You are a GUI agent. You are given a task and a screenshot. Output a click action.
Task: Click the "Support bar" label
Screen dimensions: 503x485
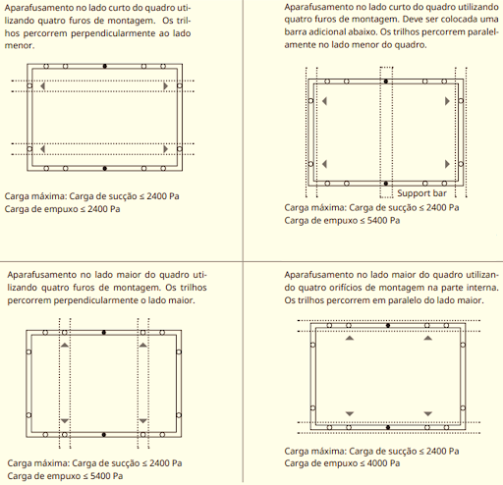click(x=421, y=193)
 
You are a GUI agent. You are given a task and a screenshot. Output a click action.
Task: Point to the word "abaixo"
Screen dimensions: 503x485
click(x=363, y=32)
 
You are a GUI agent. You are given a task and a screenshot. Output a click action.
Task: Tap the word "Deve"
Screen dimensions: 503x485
click(x=413, y=20)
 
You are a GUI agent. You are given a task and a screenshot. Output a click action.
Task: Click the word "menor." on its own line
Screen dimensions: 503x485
click(x=20, y=45)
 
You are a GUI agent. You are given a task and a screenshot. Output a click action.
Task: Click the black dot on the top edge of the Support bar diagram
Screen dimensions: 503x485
click(x=386, y=81)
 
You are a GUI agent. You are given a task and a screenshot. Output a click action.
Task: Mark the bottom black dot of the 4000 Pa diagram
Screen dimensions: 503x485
click(x=388, y=427)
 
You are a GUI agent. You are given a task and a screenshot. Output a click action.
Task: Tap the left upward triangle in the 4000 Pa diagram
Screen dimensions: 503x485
click(x=350, y=338)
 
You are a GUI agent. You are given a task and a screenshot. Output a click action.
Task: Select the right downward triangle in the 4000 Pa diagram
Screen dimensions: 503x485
click(x=428, y=413)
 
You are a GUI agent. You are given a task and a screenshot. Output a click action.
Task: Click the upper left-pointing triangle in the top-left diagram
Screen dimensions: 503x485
click(x=42, y=85)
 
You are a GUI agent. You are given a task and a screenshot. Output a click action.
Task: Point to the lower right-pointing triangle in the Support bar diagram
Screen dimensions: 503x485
click(x=447, y=164)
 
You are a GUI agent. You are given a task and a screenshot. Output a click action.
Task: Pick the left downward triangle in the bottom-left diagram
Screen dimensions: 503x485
click(x=65, y=421)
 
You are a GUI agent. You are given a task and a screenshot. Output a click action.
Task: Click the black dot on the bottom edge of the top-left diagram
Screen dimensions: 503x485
click(x=105, y=168)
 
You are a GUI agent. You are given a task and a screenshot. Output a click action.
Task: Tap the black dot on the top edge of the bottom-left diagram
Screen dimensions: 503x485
click(x=104, y=333)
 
